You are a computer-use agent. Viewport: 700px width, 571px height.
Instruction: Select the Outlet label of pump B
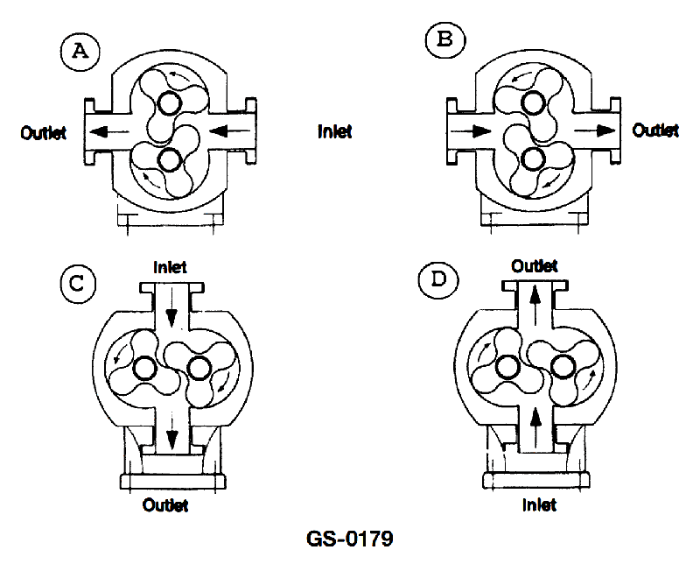(x=655, y=130)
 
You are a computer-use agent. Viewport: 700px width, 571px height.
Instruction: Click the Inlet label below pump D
(x=539, y=505)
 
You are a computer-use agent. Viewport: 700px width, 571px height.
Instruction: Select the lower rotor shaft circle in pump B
(x=530, y=159)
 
